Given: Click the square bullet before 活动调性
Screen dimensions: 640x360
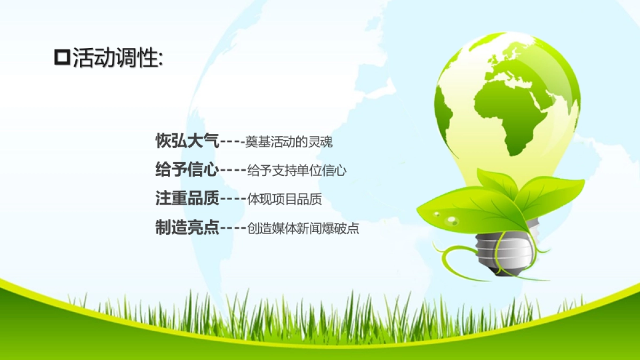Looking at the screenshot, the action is coord(62,58).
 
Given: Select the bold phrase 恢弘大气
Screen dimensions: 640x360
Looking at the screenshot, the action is coord(187,141).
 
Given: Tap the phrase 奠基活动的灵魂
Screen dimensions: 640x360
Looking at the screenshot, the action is coord(289,142).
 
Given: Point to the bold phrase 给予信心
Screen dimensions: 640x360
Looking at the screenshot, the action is coord(187,170).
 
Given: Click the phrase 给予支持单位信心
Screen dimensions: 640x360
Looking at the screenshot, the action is coord(297,171).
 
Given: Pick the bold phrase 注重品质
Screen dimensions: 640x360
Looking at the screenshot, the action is coord(187,198).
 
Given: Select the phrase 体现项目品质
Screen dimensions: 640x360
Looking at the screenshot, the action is coord(284,199).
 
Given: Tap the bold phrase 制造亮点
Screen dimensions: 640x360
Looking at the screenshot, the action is coord(187,228).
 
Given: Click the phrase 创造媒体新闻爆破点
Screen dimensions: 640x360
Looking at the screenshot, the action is coord(303,229).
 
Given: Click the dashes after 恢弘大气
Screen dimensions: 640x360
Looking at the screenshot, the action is coord(233,141).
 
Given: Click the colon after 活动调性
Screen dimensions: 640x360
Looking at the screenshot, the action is coord(161,60).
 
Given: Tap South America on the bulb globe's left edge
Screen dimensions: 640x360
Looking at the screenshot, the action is coord(443,117).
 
